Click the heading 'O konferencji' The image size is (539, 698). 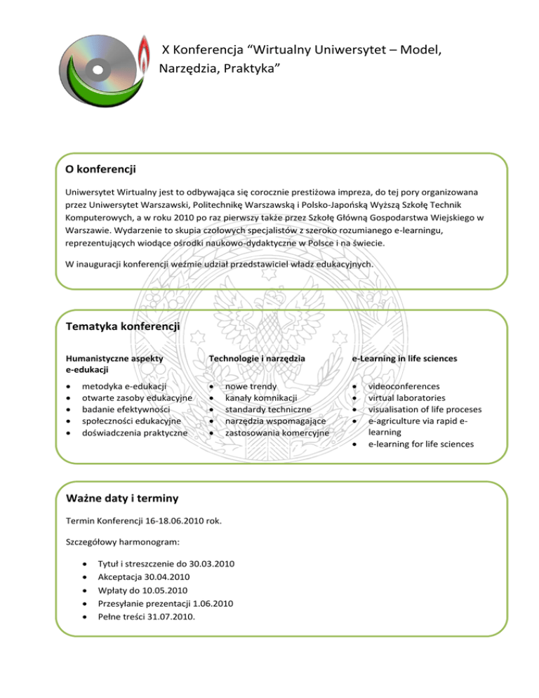pos(100,169)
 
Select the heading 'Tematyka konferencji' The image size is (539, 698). pos(122,327)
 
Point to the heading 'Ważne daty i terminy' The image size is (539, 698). pos(121,499)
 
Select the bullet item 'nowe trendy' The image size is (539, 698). pos(251,386)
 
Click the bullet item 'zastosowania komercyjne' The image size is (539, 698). pos(277,433)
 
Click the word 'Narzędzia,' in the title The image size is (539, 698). pos(191,69)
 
